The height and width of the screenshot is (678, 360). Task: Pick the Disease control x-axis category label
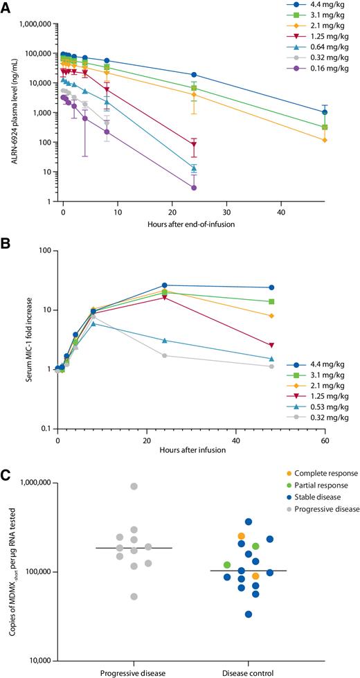click(248, 672)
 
